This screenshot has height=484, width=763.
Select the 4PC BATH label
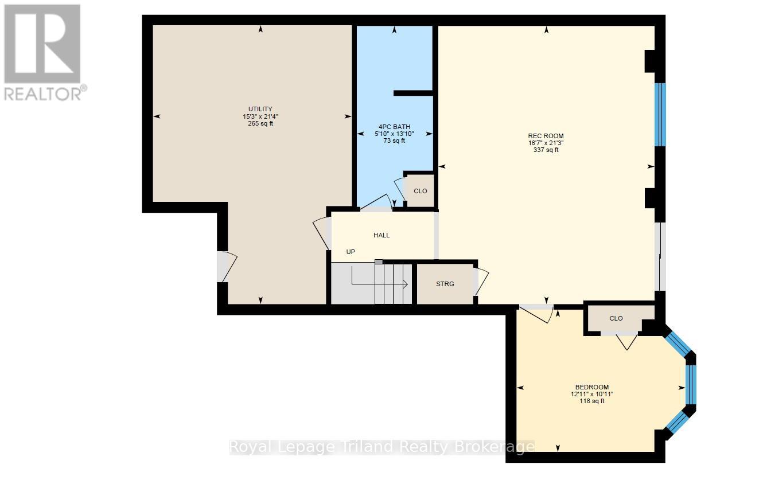click(394, 127)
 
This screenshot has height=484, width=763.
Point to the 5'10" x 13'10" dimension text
click(394, 134)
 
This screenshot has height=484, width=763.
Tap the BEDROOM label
click(592, 387)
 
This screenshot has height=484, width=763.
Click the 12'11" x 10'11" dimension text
click(592, 394)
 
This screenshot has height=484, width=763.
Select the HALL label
click(381, 235)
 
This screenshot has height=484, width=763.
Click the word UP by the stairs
click(350, 252)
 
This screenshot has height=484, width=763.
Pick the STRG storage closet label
click(445, 284)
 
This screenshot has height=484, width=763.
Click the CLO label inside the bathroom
click(421, 191)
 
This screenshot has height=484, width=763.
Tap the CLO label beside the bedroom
click(616, 318)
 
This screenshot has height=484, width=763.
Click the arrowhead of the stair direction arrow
click(405, 283)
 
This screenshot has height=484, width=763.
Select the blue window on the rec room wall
click(660, 115)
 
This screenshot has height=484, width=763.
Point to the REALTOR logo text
click(45, 92)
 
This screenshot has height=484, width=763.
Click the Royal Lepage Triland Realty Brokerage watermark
click(382, 447)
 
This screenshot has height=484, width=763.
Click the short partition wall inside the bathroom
click(413, 93)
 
